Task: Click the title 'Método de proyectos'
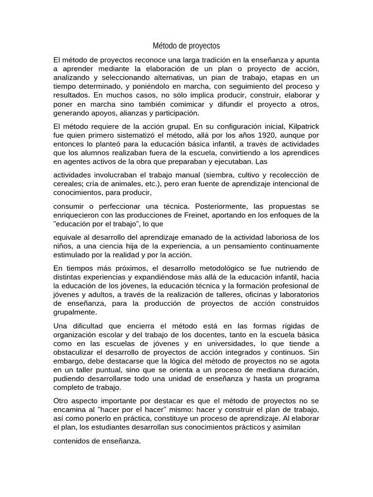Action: (186, 46)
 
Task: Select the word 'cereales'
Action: (68, 183)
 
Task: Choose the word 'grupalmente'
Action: (75, 312)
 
